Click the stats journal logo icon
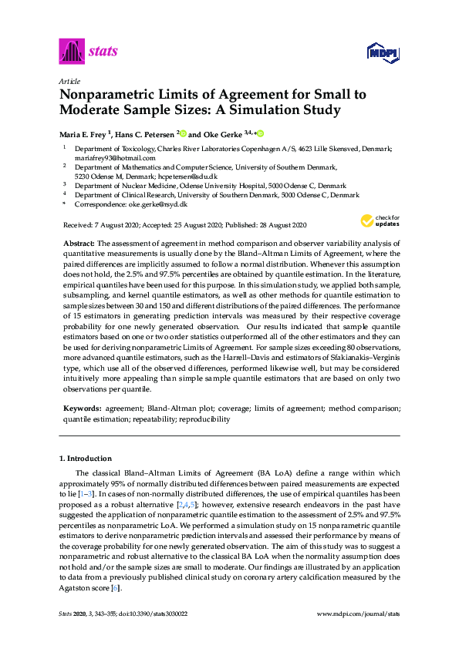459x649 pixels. tap(70, 52)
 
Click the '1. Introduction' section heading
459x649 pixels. tap(85, 458)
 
